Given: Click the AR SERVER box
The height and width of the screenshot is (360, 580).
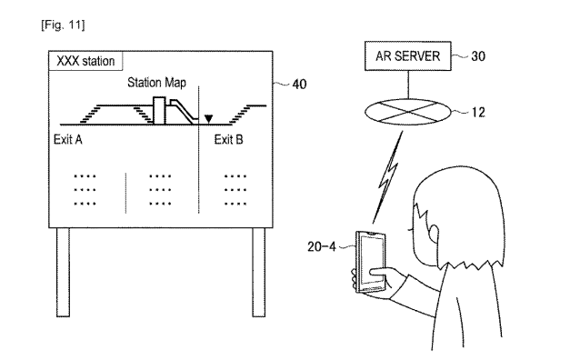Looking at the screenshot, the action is [407, 55].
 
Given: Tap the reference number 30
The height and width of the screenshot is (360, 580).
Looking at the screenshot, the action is [478, 56].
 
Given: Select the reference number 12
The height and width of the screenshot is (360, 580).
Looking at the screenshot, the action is [478, 112].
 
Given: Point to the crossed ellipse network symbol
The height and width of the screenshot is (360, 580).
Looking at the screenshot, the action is [408, 112].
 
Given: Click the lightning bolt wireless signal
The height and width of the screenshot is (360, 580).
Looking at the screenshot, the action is [388, 177].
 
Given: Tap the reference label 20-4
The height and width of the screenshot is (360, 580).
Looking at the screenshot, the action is [322, 246].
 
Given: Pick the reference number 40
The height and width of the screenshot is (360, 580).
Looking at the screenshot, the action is [299, 85].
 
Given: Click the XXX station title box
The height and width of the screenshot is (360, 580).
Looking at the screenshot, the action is [85, 61].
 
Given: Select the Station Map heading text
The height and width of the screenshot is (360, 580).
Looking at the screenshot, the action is [156, 82].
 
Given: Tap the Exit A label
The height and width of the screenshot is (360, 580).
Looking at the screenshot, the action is [67, 139].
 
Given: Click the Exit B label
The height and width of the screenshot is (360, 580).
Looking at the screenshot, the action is [228, 139].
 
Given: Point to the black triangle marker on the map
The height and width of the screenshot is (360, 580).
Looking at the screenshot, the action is [208, 119].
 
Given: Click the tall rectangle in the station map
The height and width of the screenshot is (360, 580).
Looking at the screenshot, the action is [159, 111].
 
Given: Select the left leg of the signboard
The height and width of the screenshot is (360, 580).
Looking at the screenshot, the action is [63, 272].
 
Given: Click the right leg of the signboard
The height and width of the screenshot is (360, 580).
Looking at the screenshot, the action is [259, 272].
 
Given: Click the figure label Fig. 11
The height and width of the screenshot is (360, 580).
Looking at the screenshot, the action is [63, 25].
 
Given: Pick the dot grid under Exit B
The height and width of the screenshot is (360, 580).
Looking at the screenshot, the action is [235, 190].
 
